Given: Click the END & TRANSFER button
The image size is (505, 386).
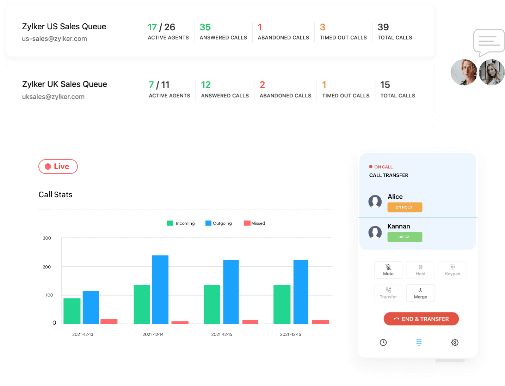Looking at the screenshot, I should pos(421,319).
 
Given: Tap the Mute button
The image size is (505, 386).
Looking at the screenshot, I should pos(388,270).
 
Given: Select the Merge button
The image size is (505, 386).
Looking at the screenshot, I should pos(420,293).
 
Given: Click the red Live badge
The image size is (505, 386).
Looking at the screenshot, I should pos(58,167).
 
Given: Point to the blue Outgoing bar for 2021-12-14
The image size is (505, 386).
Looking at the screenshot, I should pos(160,289).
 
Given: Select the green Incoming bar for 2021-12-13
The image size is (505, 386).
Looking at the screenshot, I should pos(72,311).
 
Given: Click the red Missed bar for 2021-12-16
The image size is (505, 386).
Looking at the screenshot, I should pos(320,322).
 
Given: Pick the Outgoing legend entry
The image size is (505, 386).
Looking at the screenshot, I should pos(219,223).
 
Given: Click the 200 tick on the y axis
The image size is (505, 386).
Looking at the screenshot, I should pos(47,267).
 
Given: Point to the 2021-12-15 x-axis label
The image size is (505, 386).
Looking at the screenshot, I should pos(222,334).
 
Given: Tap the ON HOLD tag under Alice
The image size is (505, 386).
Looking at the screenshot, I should pos(405,207).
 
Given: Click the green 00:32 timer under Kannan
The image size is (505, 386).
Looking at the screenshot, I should pos(405,237).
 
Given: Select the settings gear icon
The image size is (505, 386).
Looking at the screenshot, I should pos(455,342).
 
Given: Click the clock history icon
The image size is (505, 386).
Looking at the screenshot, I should pos(383,342).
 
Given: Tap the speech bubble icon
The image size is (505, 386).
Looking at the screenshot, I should pos(489,42).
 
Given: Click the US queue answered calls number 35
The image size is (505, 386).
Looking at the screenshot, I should pos(205,27).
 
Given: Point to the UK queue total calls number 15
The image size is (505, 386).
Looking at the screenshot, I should pos(385,85).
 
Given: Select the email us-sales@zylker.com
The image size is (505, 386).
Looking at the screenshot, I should pos(54,39).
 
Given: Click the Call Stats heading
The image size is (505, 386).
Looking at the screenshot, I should pos(55,195).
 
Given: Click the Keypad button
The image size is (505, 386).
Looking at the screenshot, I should pos(452,270).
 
